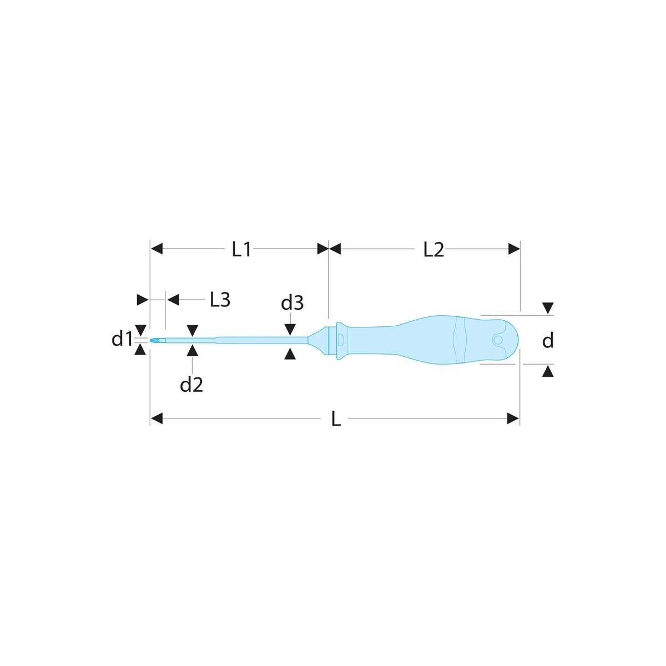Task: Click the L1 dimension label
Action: click(x=241, y=249)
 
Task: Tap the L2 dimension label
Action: click(x=433, y=249)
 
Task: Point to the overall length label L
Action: click(x=336, y=420)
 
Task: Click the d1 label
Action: click(x=122, y=340)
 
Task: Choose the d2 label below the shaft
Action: click(x=191, y=385)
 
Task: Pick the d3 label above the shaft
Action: click(x=292, y=303)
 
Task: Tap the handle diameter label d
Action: click(x=548, y=341)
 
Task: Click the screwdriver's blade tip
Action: click(x=151, y=341)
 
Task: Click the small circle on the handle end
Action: click(x=498, y=340)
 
